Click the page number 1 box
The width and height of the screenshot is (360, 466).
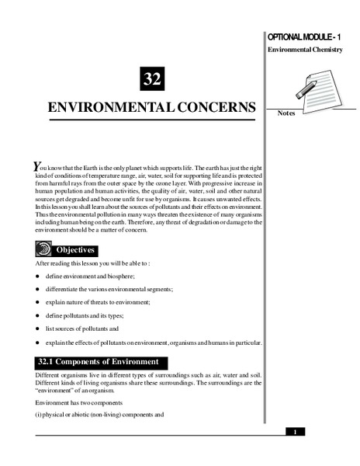click(x=295, y=432)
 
